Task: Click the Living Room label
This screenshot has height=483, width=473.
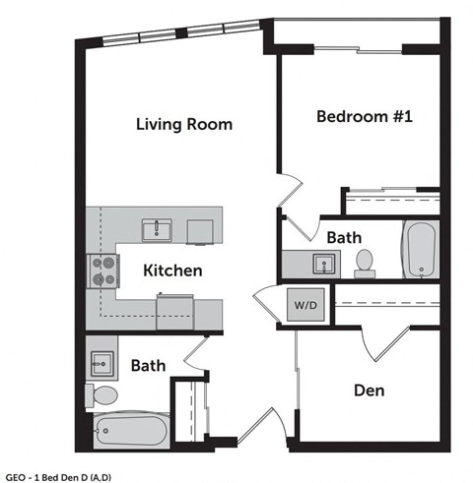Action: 184,124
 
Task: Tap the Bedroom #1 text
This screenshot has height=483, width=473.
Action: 364,116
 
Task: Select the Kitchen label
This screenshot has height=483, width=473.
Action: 172,270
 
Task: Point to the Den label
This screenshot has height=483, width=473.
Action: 369,391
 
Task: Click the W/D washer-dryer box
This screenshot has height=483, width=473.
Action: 304,304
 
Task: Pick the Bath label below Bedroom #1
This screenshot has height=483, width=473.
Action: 344,237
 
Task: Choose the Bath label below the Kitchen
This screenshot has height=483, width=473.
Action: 148,365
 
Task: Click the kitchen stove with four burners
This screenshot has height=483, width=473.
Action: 103,270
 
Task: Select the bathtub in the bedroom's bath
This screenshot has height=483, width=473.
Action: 420,250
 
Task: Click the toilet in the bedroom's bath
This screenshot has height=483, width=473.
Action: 365,261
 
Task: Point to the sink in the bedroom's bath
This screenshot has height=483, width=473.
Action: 322,264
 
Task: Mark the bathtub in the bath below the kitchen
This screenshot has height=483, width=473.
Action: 132,430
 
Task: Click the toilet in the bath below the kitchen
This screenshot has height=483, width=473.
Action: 102,395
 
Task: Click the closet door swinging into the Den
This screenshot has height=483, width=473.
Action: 382,340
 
